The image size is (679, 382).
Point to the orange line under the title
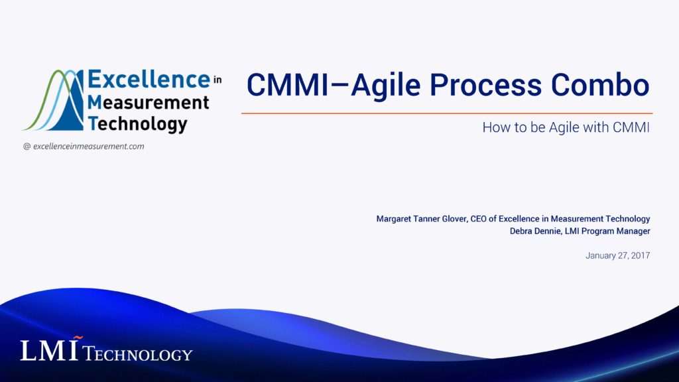click(x=446, y=113)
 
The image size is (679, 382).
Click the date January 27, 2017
click(x=617, y=255)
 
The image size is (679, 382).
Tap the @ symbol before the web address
click(x=27, y=146)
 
